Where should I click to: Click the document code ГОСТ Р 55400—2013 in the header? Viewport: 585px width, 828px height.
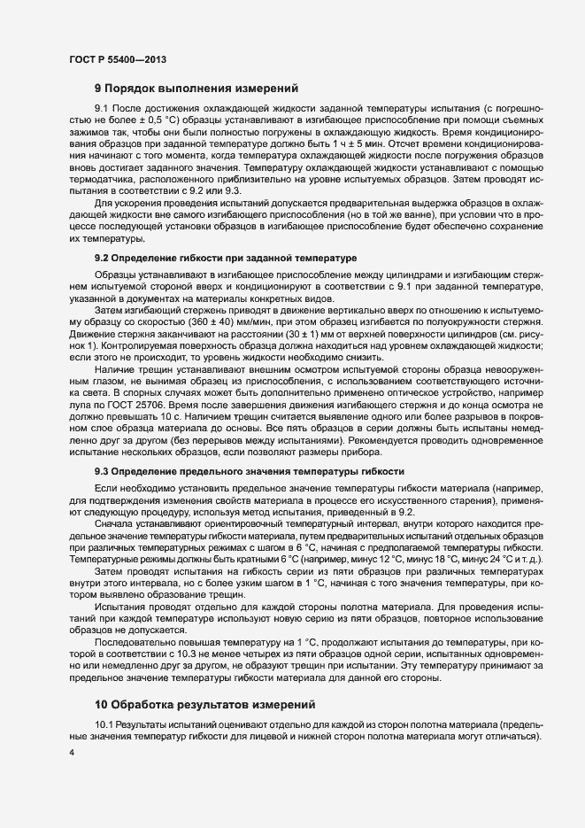point(118,59)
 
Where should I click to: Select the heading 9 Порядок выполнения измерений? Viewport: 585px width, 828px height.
point(196,89)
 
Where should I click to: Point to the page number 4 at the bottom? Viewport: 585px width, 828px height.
point(72,752)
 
